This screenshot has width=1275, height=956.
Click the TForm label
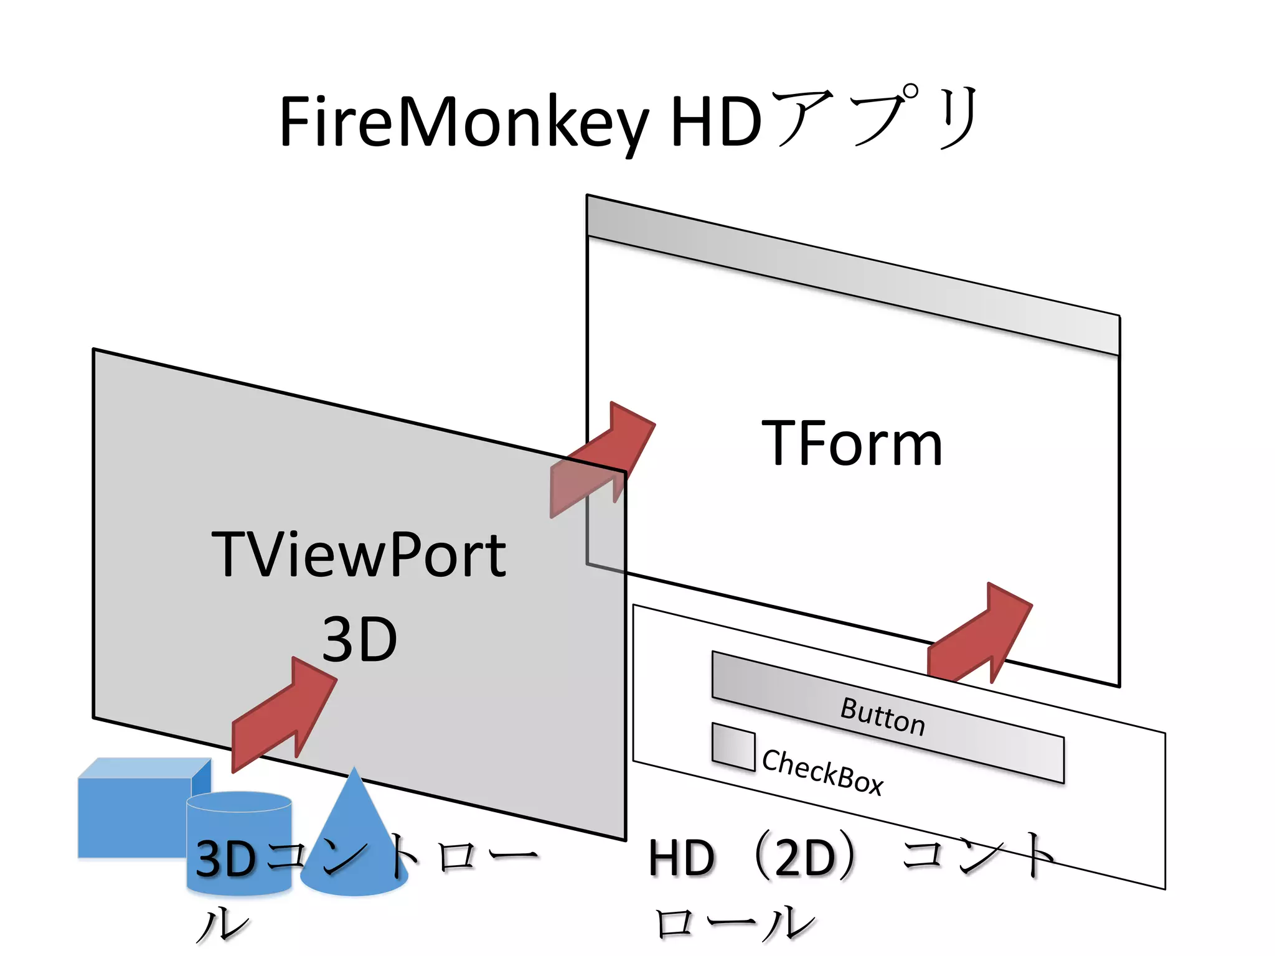point(852,443)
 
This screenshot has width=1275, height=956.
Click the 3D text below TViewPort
point(359,639)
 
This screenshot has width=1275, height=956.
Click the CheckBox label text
point(822,772)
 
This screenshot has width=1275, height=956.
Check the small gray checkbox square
point(733,746)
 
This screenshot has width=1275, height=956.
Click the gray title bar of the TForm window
point(853,274)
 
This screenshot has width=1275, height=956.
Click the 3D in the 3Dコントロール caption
point(225,859)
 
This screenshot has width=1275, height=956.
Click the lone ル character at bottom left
point(222,924)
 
